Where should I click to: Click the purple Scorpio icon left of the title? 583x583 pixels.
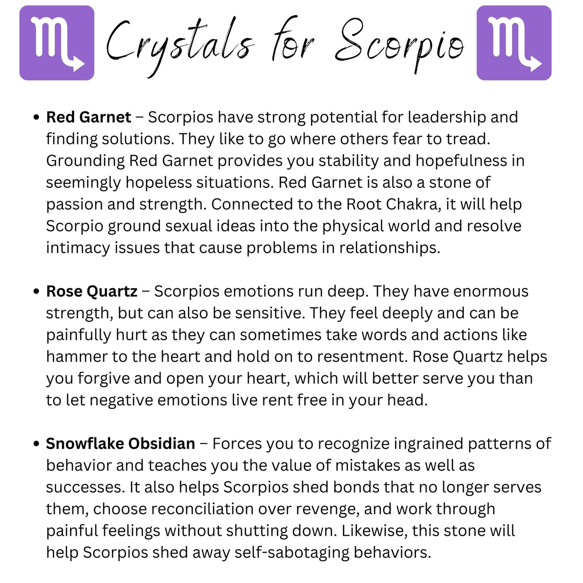coord(57,43)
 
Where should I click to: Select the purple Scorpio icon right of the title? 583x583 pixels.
coord(513,43)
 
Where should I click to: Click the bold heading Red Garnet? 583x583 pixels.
coord(88,117)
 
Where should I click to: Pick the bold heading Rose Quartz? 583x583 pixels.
coord(92,291)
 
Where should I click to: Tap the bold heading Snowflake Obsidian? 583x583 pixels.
coord(121,444)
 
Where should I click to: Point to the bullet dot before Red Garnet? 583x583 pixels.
coord(36,118)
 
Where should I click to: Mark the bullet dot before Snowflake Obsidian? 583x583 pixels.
coord(36,444)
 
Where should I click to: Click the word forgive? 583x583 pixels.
coord(104,378)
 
